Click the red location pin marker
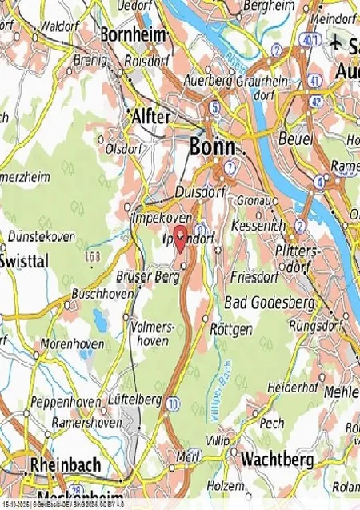click(180, 235)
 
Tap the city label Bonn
click(212, 147)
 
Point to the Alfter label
click(150, 117)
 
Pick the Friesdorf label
click(252, 278)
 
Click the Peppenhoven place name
click(66, 401)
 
